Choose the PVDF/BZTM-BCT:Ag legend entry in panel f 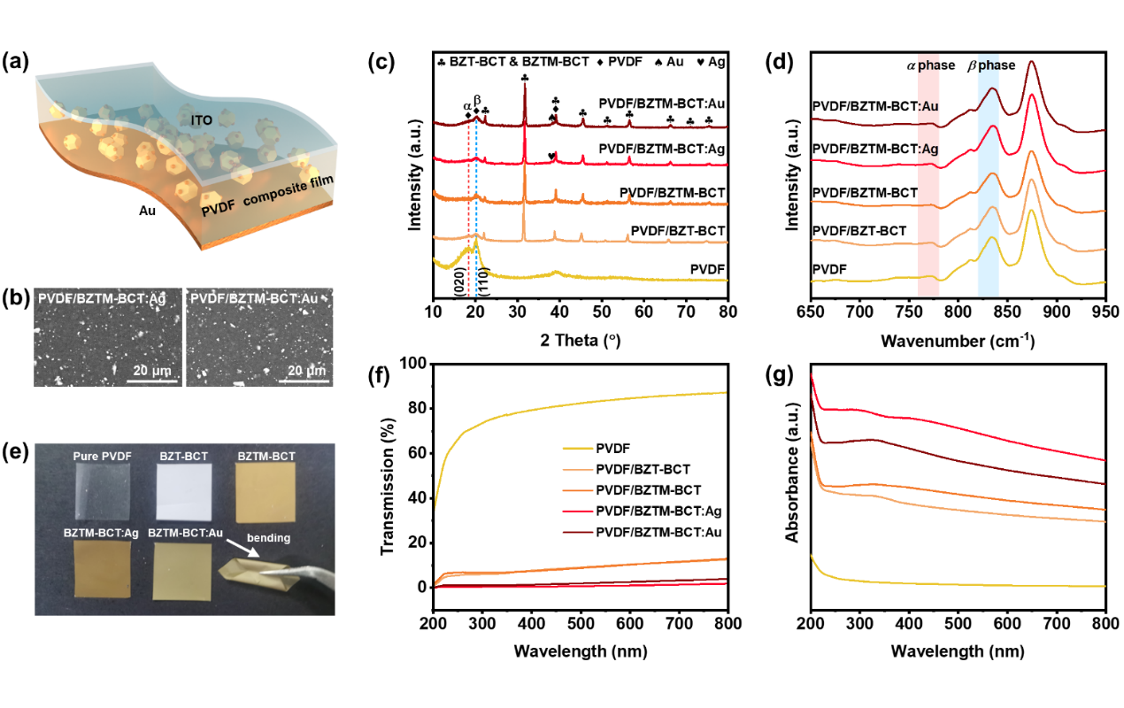point(657,512)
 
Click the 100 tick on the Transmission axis point(414,364)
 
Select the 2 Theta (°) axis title point(580,339)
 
